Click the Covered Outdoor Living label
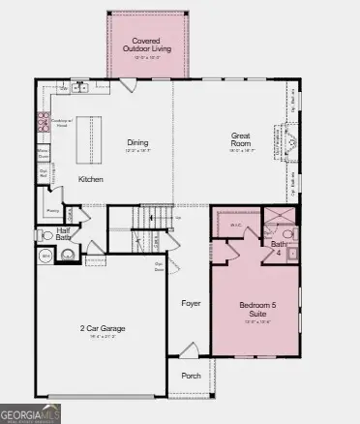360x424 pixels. coord(147,45)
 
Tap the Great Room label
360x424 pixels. coord(241,139)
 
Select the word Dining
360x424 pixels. coord(138,143)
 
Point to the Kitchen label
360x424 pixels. coord(91,180)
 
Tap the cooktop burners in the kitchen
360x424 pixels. coord(44,122)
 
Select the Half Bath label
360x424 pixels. coord(64,233)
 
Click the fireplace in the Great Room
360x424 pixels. coord(287,144)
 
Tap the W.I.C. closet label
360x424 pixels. coord(235,227)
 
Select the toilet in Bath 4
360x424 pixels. coord(287,234)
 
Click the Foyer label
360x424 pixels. coord(192,303)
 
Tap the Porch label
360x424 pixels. coord(192,378)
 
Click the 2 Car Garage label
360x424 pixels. coord(104,329)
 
